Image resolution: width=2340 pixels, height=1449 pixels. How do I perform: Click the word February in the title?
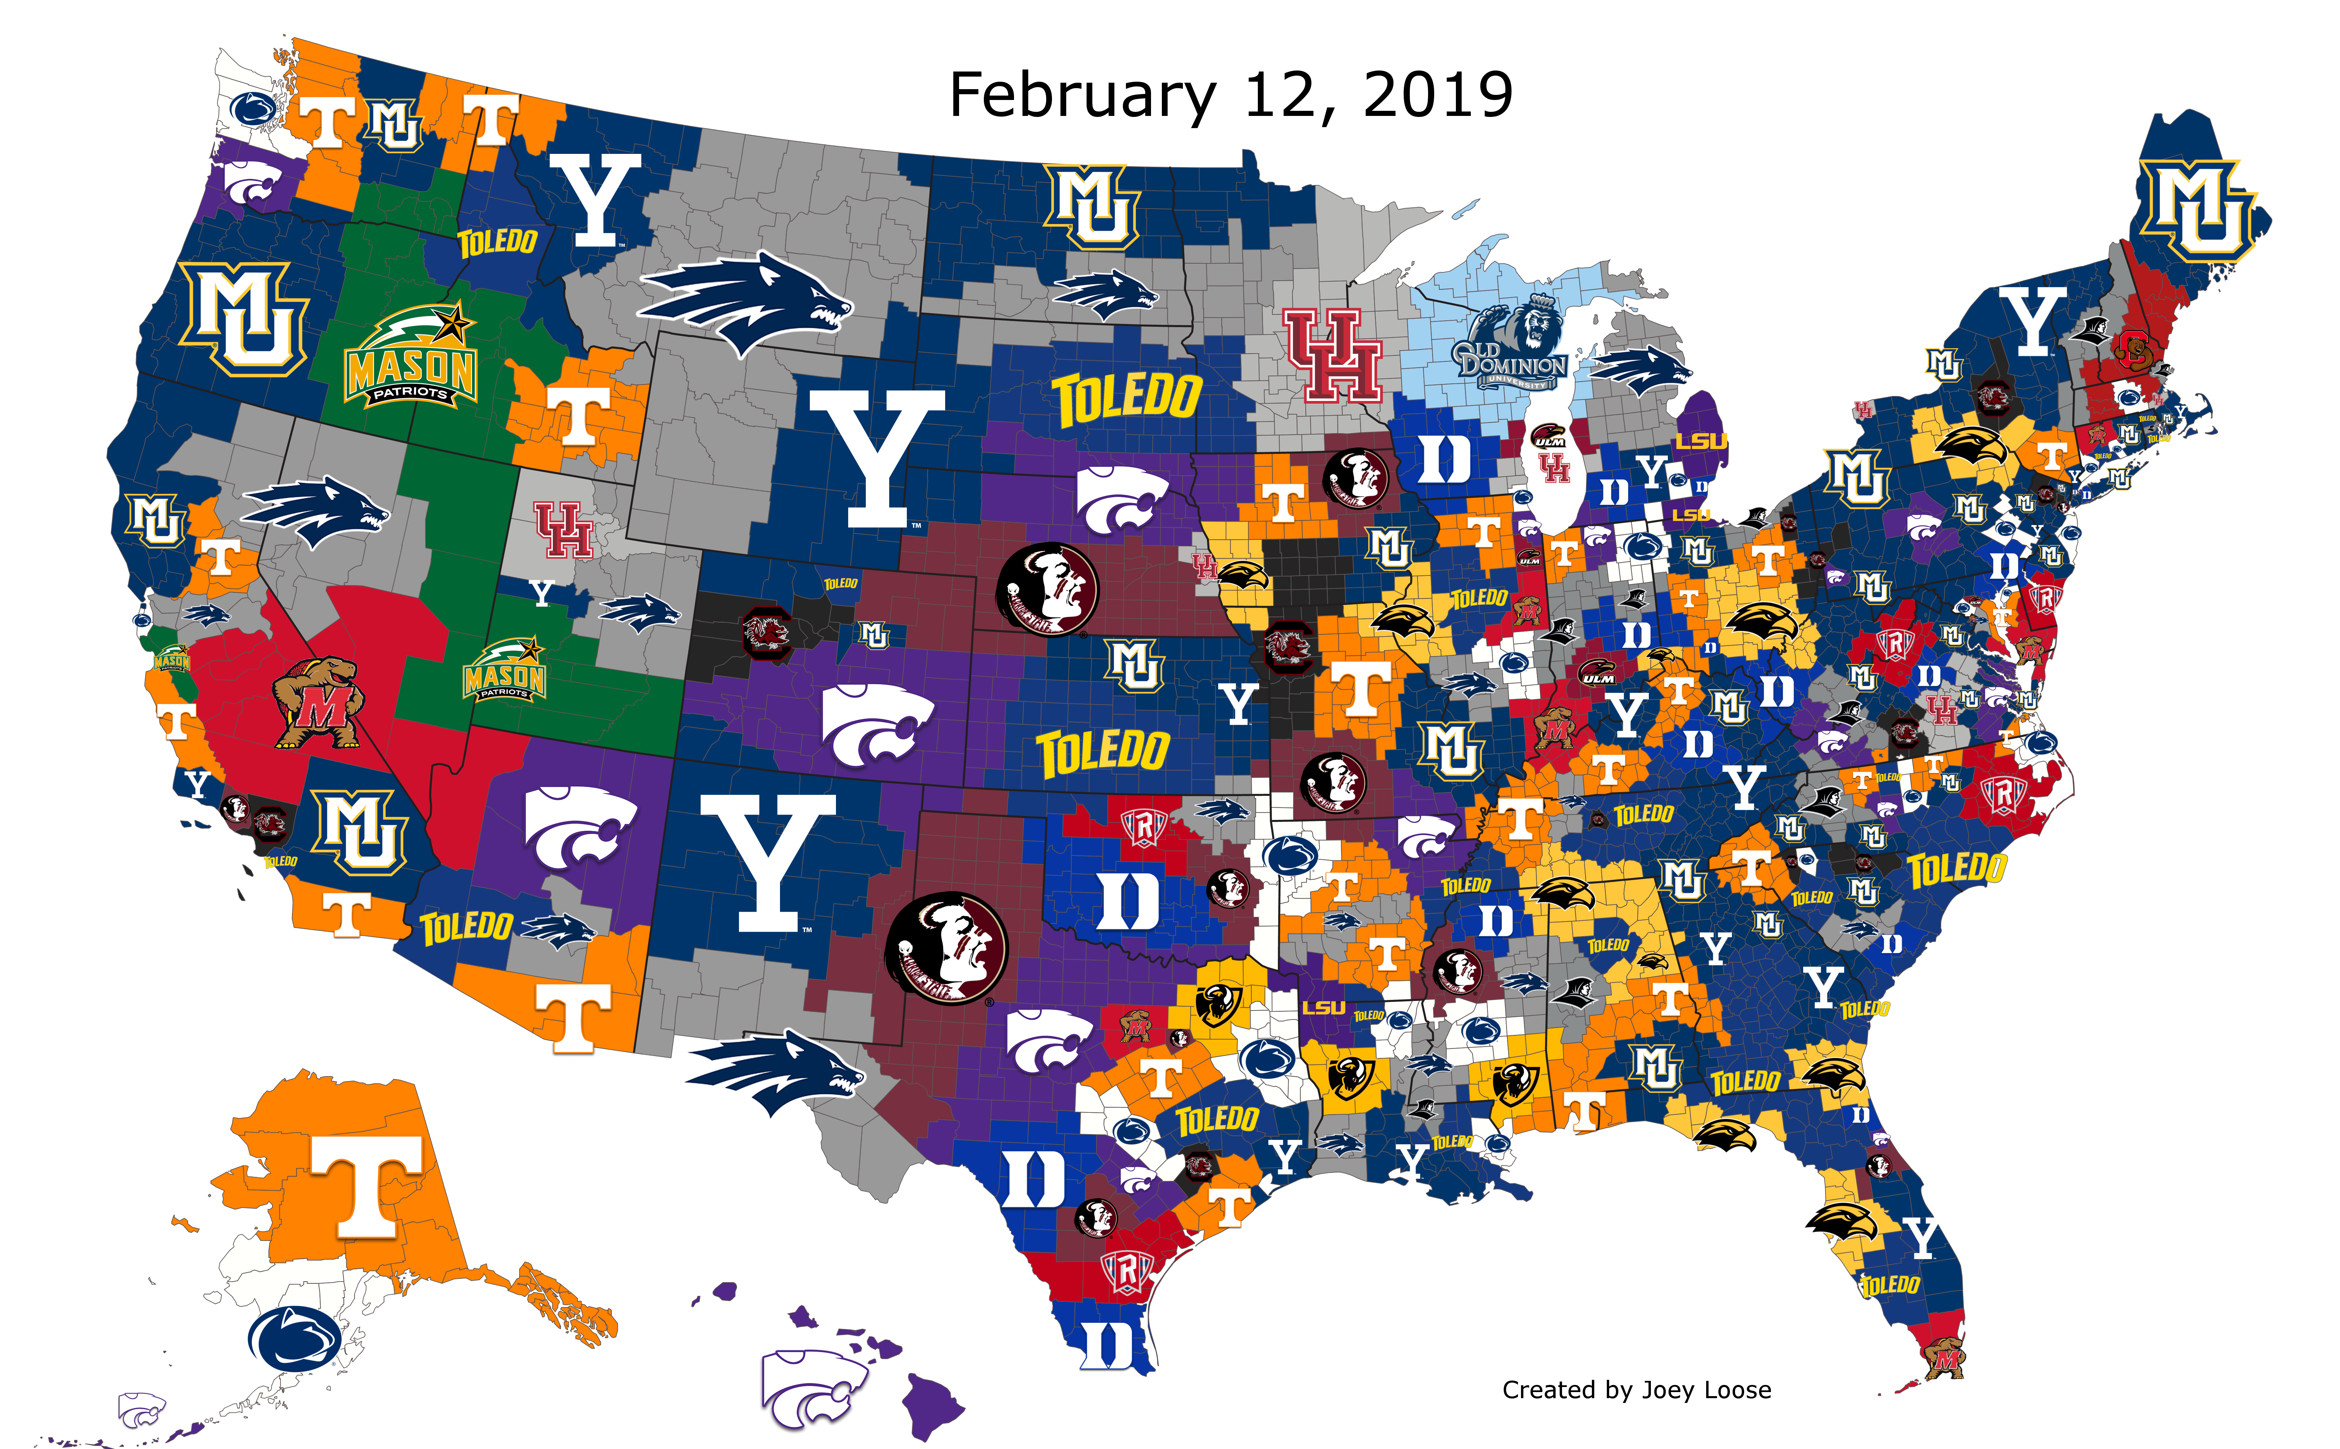point(1081,96)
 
